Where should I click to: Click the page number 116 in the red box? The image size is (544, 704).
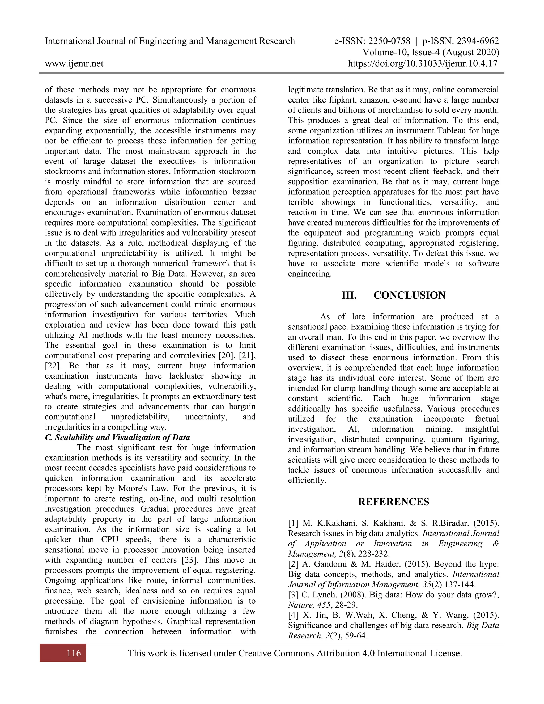[x=74, y=653]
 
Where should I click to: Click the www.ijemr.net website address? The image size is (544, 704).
[x=74, y=63]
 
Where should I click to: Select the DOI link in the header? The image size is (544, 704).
[x=423, y=63]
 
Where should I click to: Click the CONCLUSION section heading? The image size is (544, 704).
[x=409, y=295]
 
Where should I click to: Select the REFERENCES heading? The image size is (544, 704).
[x=393, y=502]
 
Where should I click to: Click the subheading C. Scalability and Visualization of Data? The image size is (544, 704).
[x=117, y=438]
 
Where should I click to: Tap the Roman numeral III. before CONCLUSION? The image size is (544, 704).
[x=349, y=295]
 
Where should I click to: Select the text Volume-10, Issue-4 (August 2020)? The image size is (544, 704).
[x=431, y=52]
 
